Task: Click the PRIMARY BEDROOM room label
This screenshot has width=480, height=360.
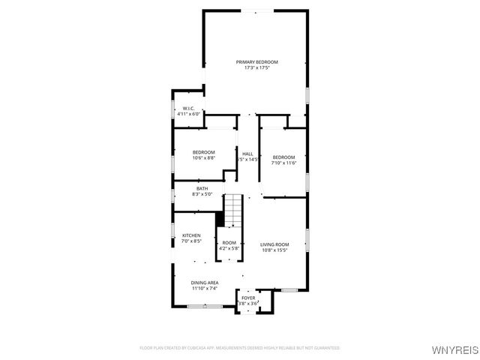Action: click(x=256, y=61)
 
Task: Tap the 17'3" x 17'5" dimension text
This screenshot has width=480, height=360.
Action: click(x=256, y=67)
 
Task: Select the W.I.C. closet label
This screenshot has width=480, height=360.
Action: click(x=189, y=108)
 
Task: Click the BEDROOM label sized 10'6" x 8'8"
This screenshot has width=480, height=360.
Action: click(x=203, y=152)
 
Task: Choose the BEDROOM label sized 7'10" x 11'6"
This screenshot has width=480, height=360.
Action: click(x=284, y=157)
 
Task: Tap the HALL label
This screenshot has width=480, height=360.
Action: click(x=247, y=154)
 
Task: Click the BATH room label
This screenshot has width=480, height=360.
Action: click(x=202, y=188)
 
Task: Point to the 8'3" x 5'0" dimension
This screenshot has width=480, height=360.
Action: click(x=202, y=194)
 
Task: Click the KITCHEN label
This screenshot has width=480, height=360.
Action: click(x=191, y=235)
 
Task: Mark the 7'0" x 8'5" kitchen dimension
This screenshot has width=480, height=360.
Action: click(x=191, y=241)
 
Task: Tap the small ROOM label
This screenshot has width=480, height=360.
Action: click(x=229, y=242)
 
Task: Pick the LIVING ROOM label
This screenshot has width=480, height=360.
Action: click(x=274, y=244)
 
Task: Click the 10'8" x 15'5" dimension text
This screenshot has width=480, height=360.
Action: click(x=274, y=250)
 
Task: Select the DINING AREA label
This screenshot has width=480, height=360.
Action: click(x=204, y=282)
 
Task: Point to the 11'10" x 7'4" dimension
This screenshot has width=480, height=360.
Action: click(x=204, y=288)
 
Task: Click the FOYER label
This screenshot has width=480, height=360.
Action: click(x=247, y=298)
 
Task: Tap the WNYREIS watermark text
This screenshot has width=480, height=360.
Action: click(x=453, y=349)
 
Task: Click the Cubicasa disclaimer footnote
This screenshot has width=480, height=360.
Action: click(x=240, y=348)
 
